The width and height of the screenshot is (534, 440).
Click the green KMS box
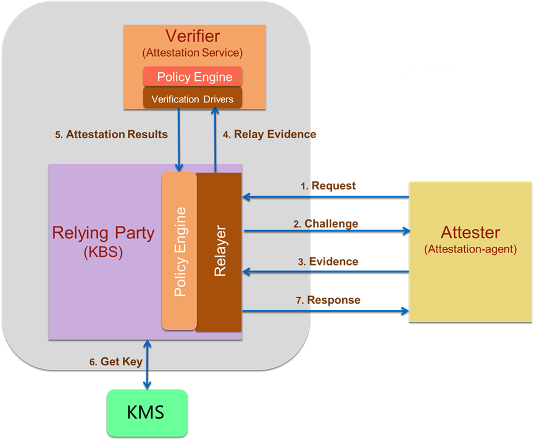[146, 412]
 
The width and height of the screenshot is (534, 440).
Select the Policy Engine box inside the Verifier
[193, 77]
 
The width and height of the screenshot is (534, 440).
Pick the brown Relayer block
[219, 252]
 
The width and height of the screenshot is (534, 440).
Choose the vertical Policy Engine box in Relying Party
[179, 252]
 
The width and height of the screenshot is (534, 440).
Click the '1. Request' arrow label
[328, 185]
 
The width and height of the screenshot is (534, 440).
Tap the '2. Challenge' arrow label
[325, 223]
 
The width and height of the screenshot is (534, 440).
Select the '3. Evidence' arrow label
[328, 262]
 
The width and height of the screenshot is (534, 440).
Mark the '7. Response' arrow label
[328, 300]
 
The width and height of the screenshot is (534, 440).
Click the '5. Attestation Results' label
[111, 134]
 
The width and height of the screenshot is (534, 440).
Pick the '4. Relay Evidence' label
[269, 134]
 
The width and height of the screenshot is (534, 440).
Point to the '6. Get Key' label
[115, 362]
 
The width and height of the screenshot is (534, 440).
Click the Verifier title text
[193, 36]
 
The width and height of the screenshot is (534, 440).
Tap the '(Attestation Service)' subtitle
[193, 52]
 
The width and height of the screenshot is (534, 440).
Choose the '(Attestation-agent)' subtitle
[470, 249]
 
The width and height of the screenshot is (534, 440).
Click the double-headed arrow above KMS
[147, 364]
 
